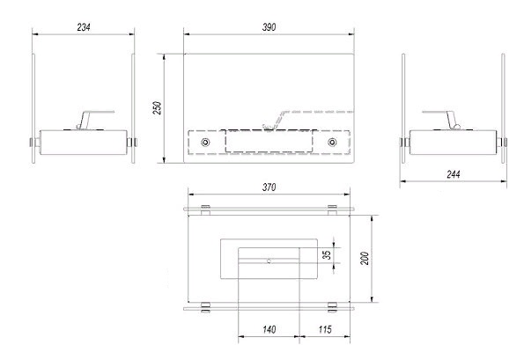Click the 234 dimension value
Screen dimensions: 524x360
[84, 27]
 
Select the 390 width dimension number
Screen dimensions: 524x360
[269, 27]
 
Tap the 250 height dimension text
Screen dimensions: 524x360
[158, 108]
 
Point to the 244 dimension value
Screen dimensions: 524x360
[454, 174]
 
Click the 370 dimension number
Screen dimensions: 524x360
[269, 187]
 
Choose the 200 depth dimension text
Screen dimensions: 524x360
[365, 258]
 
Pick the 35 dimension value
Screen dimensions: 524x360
[327, 254]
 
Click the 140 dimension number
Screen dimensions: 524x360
[269, 329]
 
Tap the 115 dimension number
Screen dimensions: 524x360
[325, 329]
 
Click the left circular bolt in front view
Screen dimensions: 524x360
[205, 143]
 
